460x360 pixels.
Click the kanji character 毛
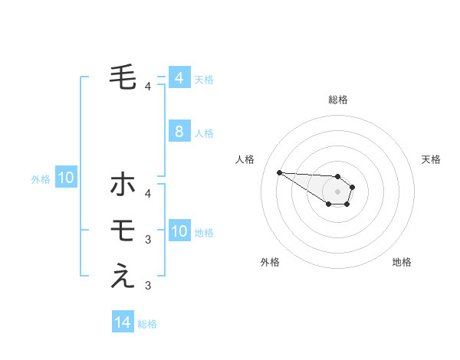(x=123, y=76)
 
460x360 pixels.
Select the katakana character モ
(x=123, y=229)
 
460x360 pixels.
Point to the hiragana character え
(x=123, y=275)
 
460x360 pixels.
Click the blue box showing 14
(x=123, y=322)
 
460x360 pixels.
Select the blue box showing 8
(x=179, y=132)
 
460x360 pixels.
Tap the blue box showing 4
(x=179, y=77)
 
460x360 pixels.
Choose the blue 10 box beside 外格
(x=65, y=178)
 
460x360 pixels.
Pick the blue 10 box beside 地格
(x=179, y=231)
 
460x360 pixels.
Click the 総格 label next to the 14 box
(x=147, y=324)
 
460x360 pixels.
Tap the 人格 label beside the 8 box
(x=204, y=133)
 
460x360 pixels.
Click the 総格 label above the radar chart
(x=337, y=100)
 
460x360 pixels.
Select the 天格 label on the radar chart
(x=431, y=159)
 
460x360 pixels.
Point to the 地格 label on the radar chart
(x=402, y=262)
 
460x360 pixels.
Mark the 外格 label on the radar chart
(x=270, y=262)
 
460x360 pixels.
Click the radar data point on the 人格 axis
(x=279, y=172)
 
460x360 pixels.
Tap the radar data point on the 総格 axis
(x=337, y=176)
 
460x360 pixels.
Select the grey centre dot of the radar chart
(x=337, y=191)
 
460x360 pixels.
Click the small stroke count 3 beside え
(x=148, y=286)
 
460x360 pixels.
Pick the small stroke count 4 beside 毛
(x=148, y=87)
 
